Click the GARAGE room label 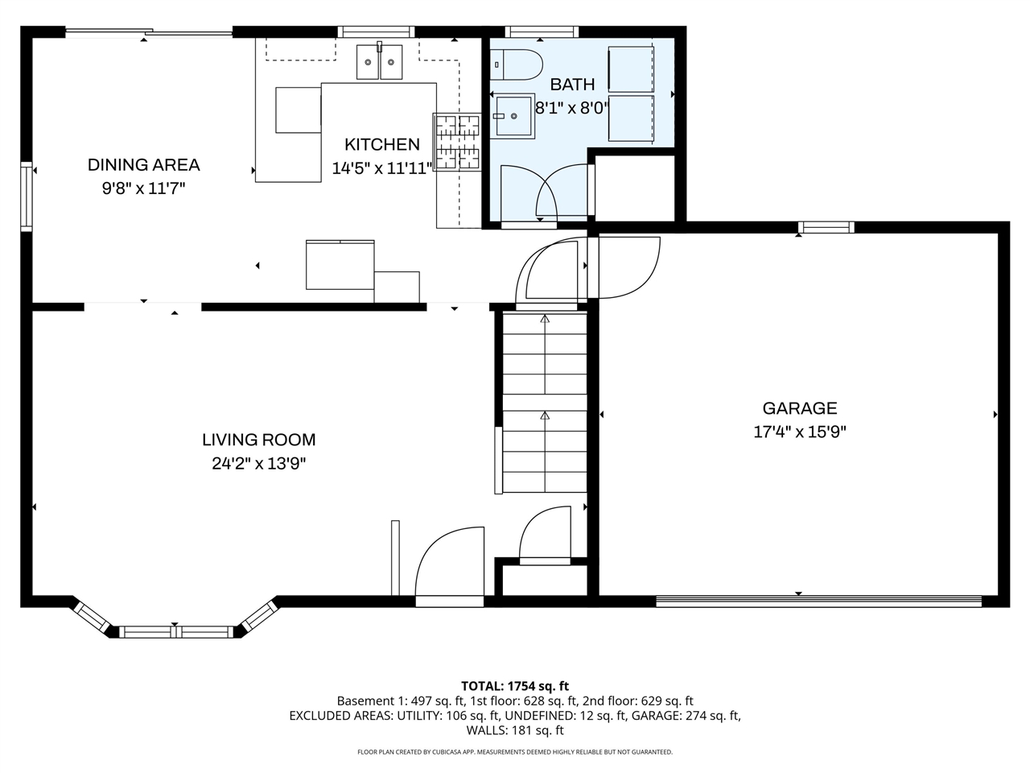click(x=799, y=408)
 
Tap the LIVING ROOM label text click(x=258, y=440)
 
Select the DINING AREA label click(x=143, y=165)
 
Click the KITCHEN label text click(x=381, y=145)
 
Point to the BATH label click(x=572, y=85)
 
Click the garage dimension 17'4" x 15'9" click(x=799, y=432)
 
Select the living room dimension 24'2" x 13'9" click(x=258, y=464)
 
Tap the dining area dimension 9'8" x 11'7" click(x=143, y=189)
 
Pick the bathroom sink click(x=513, y=116)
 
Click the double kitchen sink click(x=380, y=62)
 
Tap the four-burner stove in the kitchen click(x=457, y=143)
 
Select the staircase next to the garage click(x=545, y=403)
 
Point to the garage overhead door click(x=818, y=601)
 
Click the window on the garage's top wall click(x=826, y=228)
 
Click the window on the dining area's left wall click(x=27, y=196)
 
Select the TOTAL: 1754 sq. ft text click(x=515, y=686)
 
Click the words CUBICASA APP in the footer click(x=452, y=752)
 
